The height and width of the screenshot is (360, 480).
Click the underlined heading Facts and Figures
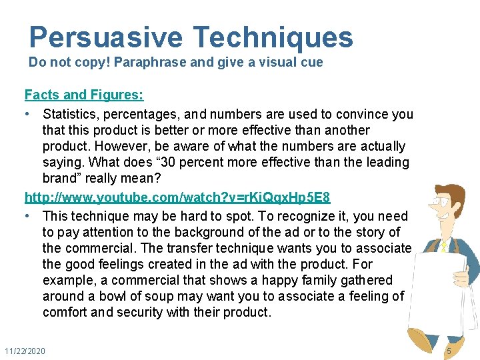tap(84, 95)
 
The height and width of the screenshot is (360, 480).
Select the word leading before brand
tap(387, 162)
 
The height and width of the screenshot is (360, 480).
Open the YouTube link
tap(177, 198)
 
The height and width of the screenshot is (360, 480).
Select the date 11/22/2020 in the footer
tap(25, 351)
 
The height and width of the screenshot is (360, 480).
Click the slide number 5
tap(449, 351)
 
